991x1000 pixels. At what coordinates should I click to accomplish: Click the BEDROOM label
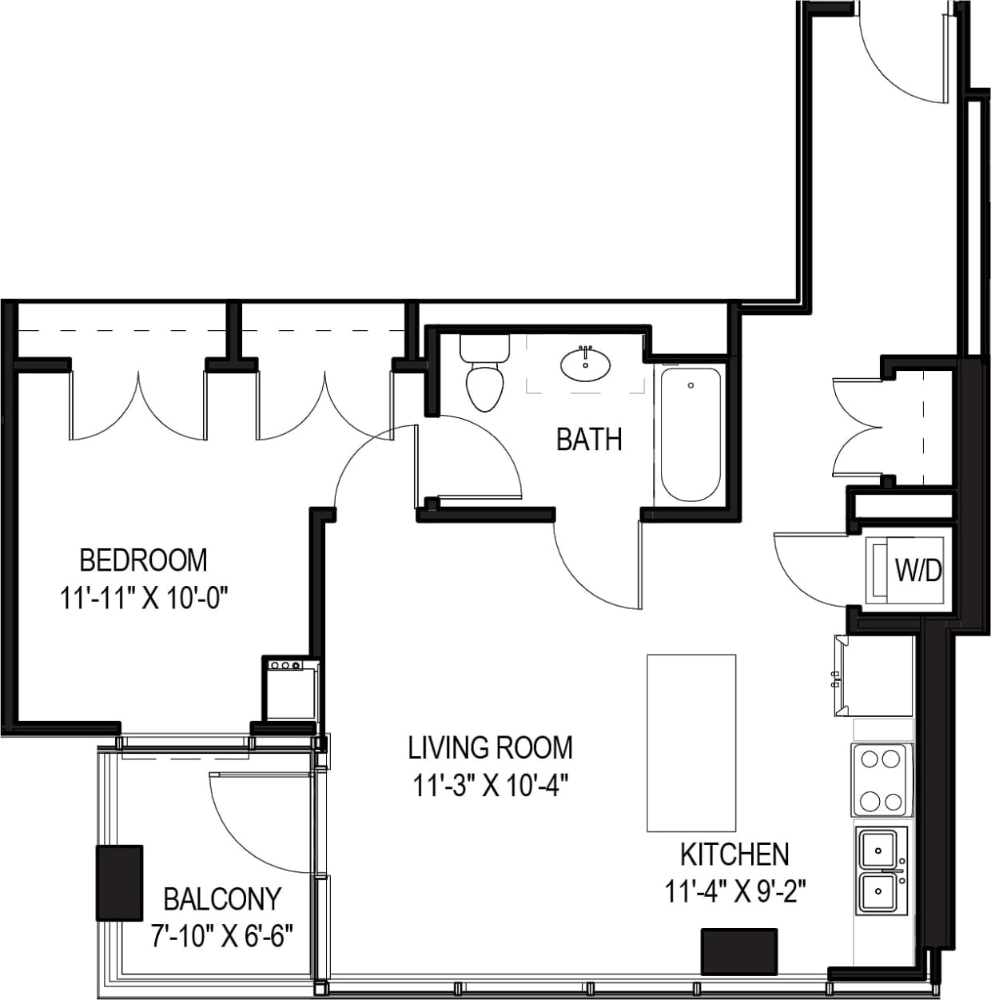[143, 560]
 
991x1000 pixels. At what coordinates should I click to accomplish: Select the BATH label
[589, 440]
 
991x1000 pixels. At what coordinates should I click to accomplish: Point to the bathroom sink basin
[585, 365]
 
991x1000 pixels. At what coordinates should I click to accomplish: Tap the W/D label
[918, 571]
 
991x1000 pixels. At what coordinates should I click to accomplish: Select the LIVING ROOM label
[490, 748]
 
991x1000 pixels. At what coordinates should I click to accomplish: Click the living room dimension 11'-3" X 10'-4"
[490, 787]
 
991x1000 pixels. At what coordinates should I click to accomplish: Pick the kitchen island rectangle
[691, 743]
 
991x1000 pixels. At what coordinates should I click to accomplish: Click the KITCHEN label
[734, 855]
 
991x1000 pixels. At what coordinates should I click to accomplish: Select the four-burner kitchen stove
[882, 779]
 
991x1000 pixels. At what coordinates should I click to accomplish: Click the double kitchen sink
[882, 871]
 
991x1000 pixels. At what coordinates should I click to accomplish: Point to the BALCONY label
[222, 899]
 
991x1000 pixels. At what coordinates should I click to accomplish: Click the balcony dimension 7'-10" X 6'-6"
[222, 934]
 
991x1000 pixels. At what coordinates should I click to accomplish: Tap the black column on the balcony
[120, 882]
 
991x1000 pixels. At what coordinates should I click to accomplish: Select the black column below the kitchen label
[739, 951]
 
